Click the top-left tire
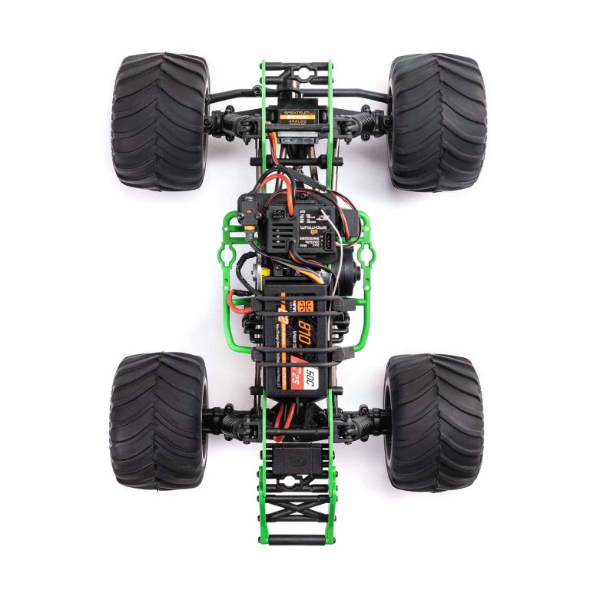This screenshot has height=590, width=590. pyautogui.click(x=160, y=121)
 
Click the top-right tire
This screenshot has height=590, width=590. pyautogui.click(x=436, y=121)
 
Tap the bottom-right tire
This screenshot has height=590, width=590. pyautogui.click(x=433, y=421)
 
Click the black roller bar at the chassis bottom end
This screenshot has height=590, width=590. pyautogui.click(x=296, y=540)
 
